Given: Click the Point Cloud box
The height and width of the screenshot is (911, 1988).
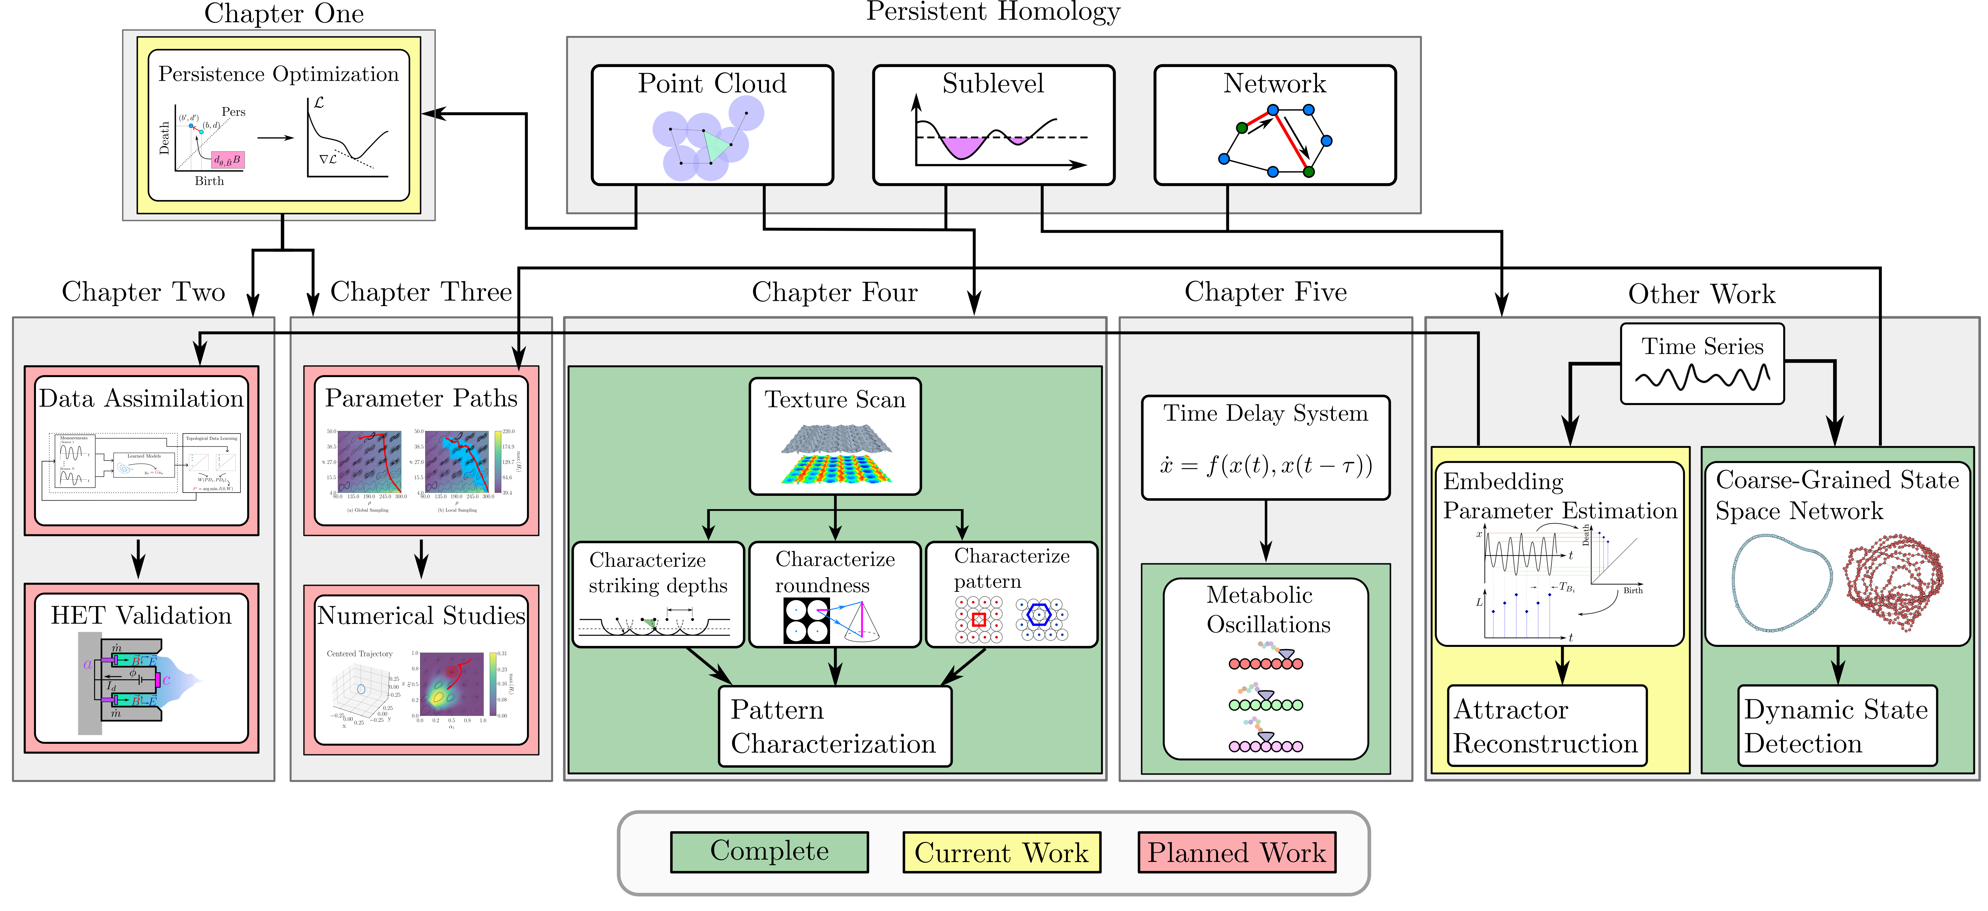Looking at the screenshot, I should coord(711,125).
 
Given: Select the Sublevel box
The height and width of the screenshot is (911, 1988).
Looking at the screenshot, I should coord(993,125).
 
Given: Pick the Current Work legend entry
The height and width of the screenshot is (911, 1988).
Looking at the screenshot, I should coord(1001,852).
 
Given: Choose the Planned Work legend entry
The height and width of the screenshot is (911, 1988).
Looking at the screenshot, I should coord(1236,852).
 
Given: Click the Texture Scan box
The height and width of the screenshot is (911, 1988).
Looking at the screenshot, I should coord(835,436).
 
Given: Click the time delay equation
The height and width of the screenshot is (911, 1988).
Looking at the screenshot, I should coord(1266,465).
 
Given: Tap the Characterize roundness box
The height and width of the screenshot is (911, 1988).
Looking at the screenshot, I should coord(835,594).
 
